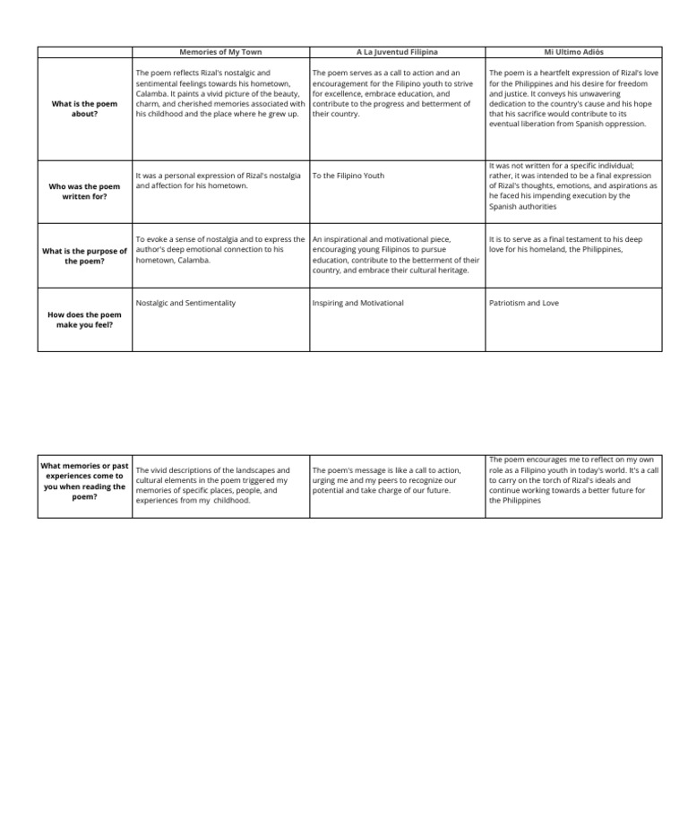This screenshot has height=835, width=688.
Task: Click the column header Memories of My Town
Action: (220, 53)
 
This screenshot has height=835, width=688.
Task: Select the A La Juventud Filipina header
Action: (397, 53)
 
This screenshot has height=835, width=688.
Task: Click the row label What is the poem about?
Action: (84, 109)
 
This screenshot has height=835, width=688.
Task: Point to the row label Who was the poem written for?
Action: (84, 191)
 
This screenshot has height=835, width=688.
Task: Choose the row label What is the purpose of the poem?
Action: (84, 256)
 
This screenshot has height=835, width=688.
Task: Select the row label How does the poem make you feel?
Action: (84, 320)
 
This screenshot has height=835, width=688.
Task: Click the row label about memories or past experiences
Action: (84, 481)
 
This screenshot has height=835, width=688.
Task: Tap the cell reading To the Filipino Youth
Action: (348, 176)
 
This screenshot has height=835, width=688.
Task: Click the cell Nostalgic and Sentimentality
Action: (185, 303)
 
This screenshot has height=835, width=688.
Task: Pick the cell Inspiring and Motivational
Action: (357, 303)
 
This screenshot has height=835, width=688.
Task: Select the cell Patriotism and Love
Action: (523, 303)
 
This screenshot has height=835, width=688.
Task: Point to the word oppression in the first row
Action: (623, 125)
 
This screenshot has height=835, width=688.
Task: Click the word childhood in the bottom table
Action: (231, 501)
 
